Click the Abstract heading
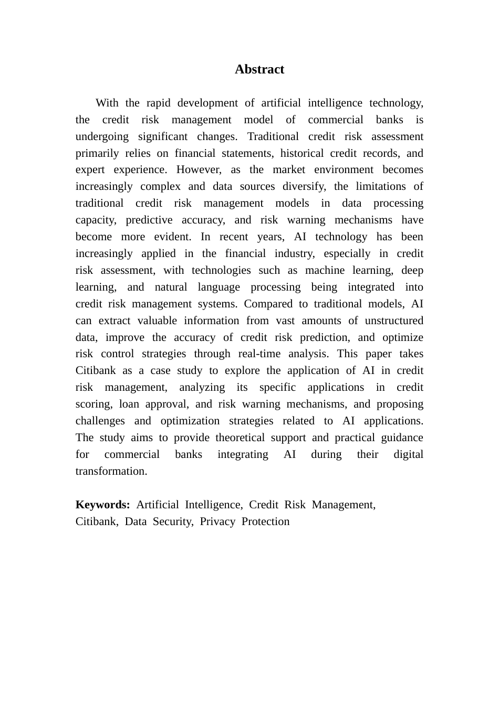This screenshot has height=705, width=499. (x=259, y=69)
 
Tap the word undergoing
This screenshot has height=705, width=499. (x=102, y=136)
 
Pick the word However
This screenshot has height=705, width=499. (x=199, y=169)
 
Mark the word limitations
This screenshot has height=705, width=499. (x=380, y=186)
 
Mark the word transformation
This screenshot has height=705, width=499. (x=111, y=471)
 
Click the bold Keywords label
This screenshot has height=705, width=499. (x=102, y=505)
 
